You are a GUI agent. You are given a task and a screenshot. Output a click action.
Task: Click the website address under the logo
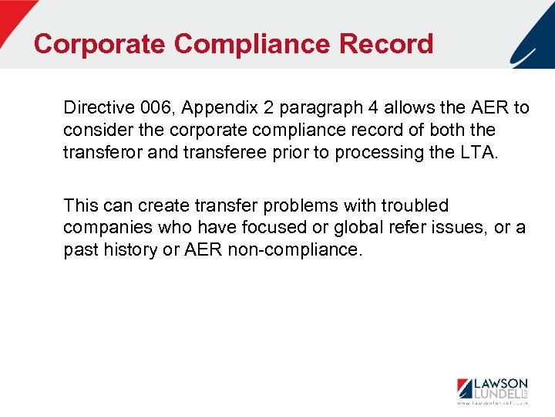click(x=491, y=403)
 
